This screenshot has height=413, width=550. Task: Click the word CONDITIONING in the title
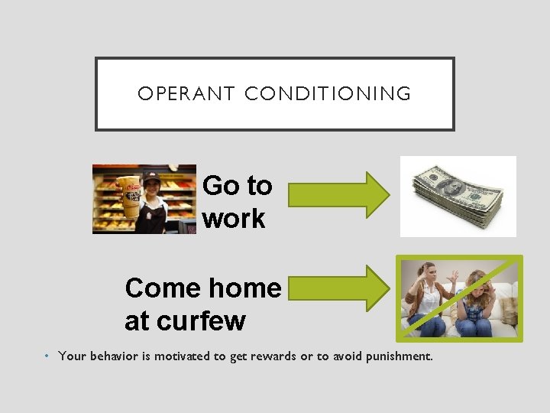pos(328,94)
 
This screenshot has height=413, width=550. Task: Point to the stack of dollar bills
pos(458,195)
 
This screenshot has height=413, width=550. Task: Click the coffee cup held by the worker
pos(128,197)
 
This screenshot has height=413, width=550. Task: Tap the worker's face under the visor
pos(151,187)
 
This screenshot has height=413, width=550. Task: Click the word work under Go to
pos(234,219)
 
